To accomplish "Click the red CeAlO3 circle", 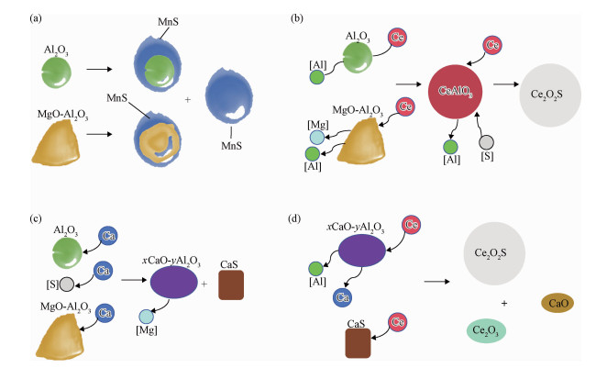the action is pyautogui.click(x=455, y=92).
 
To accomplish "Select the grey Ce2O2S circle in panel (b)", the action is pyautogui.click(x=550, y=95).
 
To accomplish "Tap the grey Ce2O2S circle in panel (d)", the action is pyautogui.click(x=494, y=253).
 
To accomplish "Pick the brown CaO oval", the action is pyautogui.click(x=557, y=303).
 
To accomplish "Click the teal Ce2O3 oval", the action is pyautogui.click(x=486, y=330).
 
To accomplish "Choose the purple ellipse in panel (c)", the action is pyautogui.click(x=174, y=282).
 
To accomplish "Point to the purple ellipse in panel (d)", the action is pyautogui.click(x=362, y=251).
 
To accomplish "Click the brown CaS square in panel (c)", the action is pyautogui.click(x=231, y=285).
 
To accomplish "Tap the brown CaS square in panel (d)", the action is pyautogui.click(x=359, y=343).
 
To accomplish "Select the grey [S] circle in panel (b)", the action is pyautogui.click(x=486, y=142).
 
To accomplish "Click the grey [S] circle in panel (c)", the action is pyautogui.click(x=67, y=284).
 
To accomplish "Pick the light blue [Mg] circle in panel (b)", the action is pyautogui.click(x=317, y=138).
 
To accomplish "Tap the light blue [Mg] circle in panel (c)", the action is pyautogui.click(x=147, y=317).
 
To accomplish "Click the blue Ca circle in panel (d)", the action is pyautogui.click(x=343, y=297).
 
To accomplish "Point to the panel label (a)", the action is pyautogui.click(x=36, y=18).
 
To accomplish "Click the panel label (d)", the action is pyautogui.click(x=294, y=218).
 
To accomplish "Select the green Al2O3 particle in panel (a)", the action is pyautogui.click(x=57, y=72).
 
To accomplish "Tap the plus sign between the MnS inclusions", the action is pyautogui.click(x=188, y=100).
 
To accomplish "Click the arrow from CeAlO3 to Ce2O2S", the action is pyautogui.click(x=506, y=84).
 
